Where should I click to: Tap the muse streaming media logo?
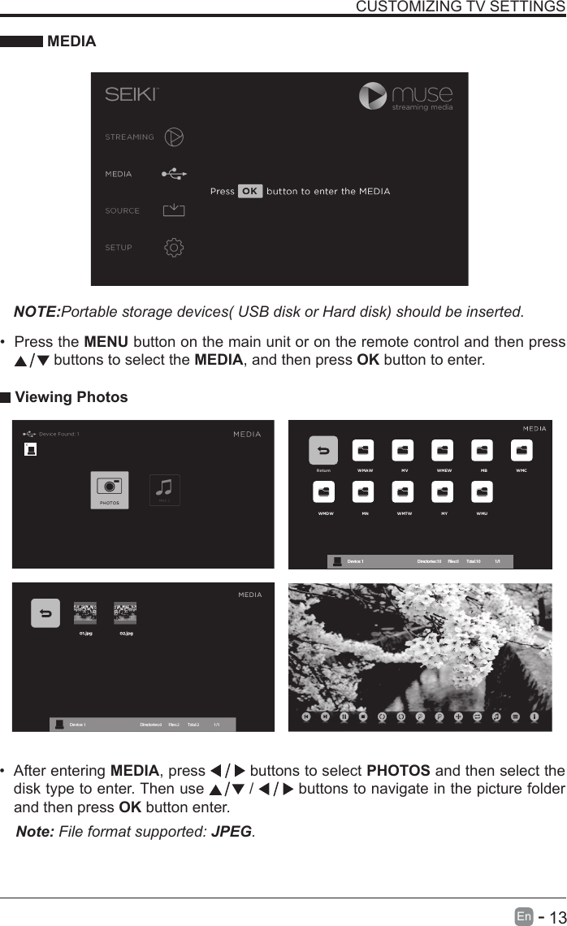(x=406, y=97)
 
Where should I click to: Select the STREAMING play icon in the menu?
(x=174, y=136)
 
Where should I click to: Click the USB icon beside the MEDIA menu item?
(x=174, y=173)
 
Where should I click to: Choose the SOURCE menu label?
(x=122, y=210)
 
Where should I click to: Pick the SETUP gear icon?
(x=174, y=247)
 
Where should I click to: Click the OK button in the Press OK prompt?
(x=250, y=192)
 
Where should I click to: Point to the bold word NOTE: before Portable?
(x=37, y=312)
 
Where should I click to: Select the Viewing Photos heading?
(x=71, y=397)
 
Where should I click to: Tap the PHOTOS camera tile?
(x=109, y=490)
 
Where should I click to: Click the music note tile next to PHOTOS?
(x=165, y=489)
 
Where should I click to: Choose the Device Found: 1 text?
(x=58, y=434)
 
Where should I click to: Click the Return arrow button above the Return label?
(x=323, y=451)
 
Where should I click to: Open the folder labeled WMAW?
(x=363, y=451)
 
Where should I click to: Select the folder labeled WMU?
(x=483, y=492)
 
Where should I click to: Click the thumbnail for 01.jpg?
(x=85, y=612)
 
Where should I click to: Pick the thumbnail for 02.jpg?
(x=125, y=612)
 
